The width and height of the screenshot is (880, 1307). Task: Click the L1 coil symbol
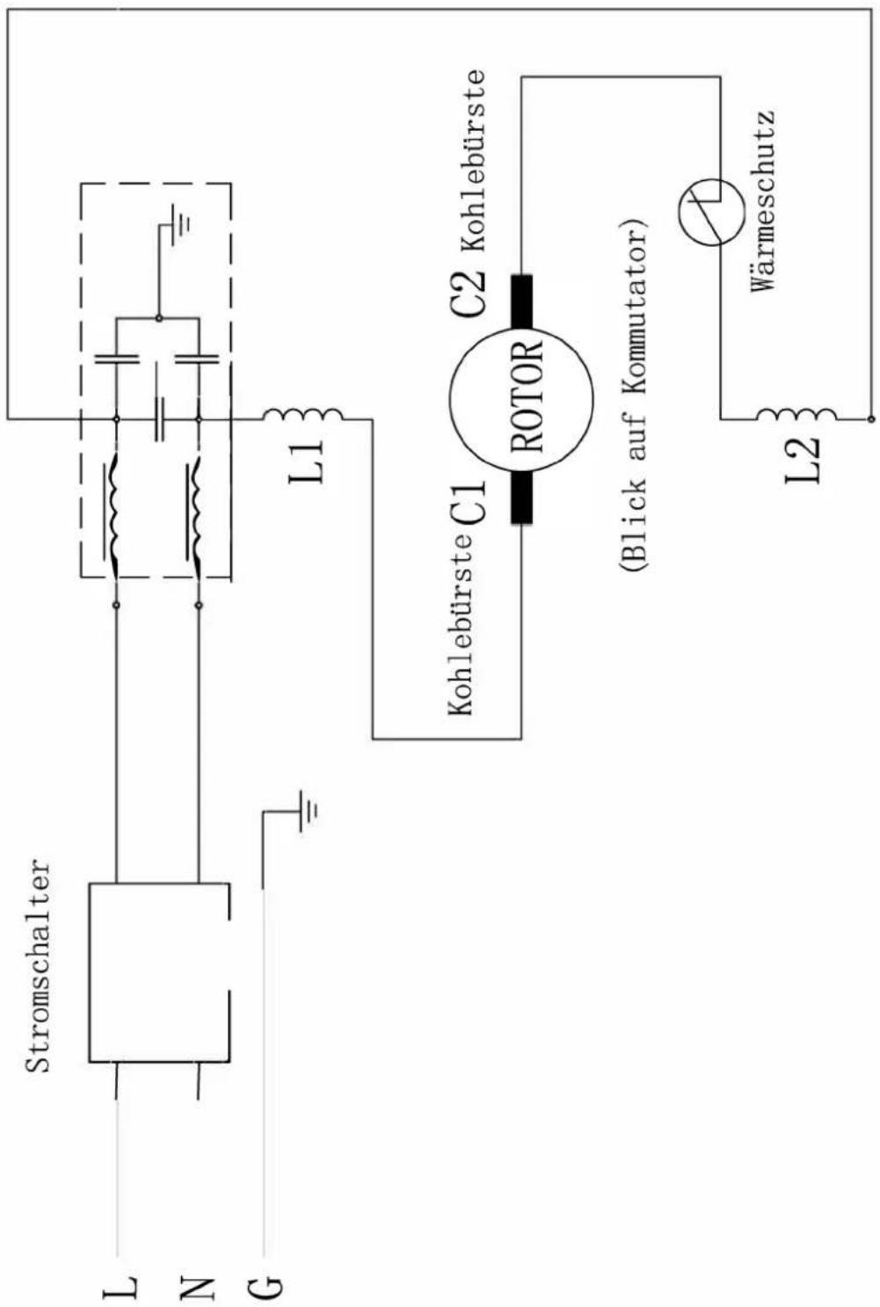(x=303, y=414)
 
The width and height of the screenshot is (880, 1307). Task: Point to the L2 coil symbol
(x=796, y=414)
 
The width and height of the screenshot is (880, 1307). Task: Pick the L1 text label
(x=306, y=461)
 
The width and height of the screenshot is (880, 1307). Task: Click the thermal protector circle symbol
(x=710, y=212)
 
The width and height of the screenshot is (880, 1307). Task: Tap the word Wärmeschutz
(x=763, y=201)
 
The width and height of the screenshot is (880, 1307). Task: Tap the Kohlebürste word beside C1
(x=462, y=630)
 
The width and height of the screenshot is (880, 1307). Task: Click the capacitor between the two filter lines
(x=159, y=419)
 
